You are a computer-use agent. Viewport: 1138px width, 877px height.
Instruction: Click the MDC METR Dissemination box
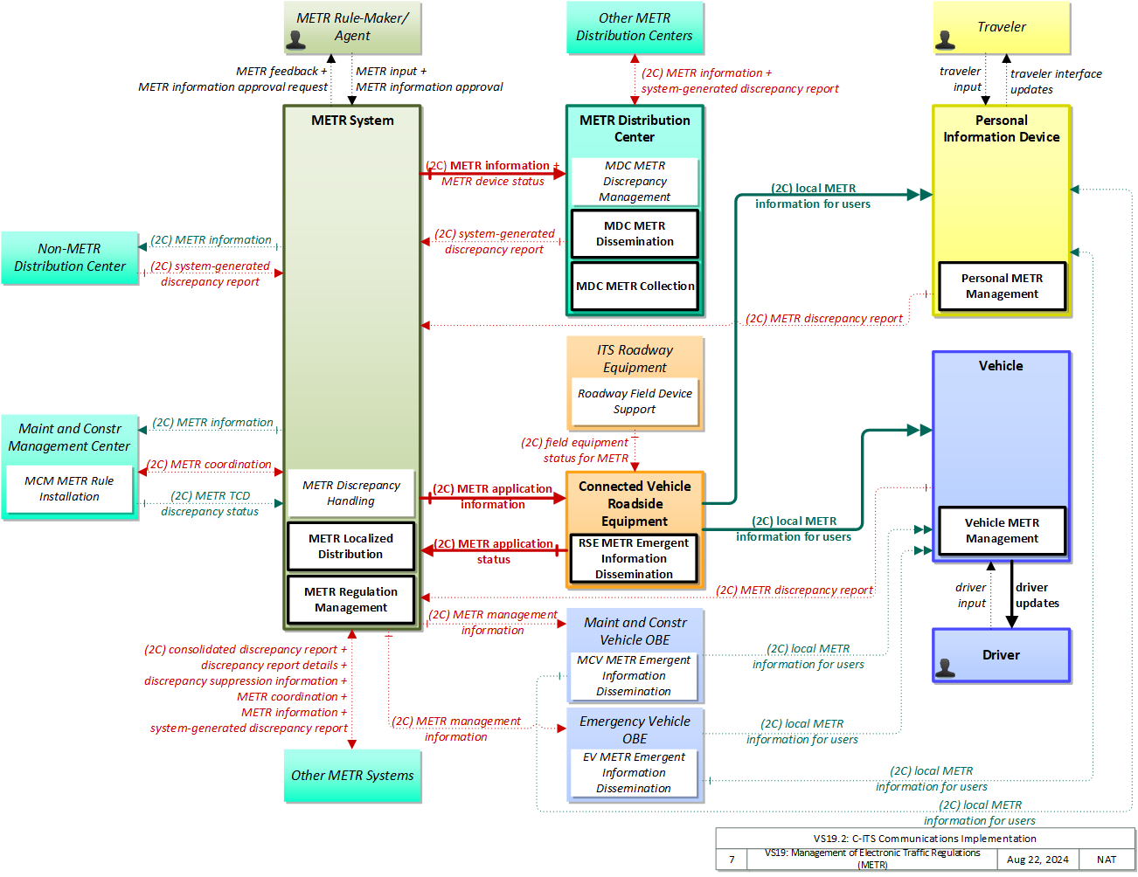click(x=635, y=233)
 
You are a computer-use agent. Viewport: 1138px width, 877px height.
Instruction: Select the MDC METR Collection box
click(x=635, y=286)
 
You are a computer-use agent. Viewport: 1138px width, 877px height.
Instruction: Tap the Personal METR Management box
click(x=1002, y=286)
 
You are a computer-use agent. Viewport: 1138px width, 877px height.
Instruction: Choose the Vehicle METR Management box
click(x=1002, y=530)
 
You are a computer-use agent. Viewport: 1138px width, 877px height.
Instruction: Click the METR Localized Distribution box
click(x=350, y=546)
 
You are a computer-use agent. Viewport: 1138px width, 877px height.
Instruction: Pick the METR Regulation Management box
click(x=350, y=599)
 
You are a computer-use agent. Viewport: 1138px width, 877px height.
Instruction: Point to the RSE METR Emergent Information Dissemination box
click(x=634, y=558)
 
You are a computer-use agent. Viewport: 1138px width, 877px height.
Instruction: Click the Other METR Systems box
click(x=352, y=776)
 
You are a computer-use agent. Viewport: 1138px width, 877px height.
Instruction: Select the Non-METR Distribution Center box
click(x=69, y=258)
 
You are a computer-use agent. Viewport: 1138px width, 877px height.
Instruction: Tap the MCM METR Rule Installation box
click(x=69, y=488)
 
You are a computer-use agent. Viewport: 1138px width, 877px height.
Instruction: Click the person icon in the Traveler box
click(x=945, y=40)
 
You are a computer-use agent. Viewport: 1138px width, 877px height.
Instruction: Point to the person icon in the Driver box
click(x=945, y=667)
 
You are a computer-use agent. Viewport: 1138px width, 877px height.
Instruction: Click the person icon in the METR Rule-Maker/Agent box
click(x=296, y=40)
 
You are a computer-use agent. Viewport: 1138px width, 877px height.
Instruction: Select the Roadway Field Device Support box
click(x=635, y=401)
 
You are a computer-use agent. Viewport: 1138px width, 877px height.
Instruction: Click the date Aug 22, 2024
click(x=1037, y=860)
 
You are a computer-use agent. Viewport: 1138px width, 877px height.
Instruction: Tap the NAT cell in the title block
click(x=1106, y=860)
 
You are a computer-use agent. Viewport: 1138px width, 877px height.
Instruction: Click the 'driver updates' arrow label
click(x=1037, y=595)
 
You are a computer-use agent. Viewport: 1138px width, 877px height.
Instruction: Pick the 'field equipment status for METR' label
click(x=574, y=450)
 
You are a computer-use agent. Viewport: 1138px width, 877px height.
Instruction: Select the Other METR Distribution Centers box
click(x=635, y=27)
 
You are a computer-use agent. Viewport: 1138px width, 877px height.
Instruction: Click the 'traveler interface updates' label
click(x=1056, y=81)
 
